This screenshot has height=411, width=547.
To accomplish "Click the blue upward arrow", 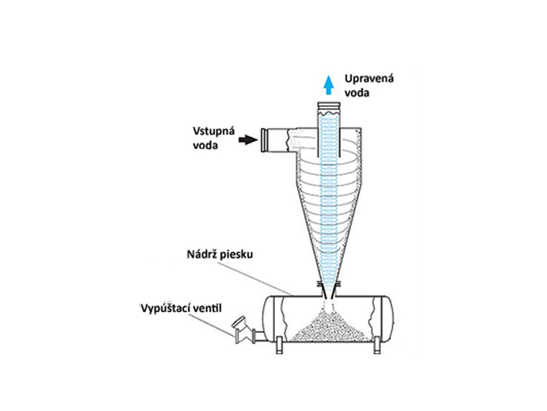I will [x=330, y=85].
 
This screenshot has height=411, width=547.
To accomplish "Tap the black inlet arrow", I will [x=246, y=139].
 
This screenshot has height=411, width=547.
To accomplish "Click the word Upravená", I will [x=369, y=79].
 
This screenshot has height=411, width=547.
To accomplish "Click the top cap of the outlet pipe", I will [x=329, y=106].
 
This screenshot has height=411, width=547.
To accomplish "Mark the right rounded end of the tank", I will [x=388, y=318].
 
